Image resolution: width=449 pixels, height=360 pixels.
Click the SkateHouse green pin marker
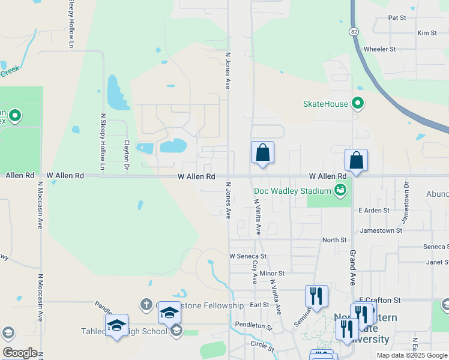pyautogui.click(x=358, y=103)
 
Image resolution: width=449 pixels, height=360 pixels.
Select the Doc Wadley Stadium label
pyautogui.click(x=292, y=191)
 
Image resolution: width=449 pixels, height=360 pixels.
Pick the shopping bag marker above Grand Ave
pyautogui.click(x=356, y=160)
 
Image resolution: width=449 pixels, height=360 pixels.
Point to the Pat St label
pyautogui.click(x=397, y=18)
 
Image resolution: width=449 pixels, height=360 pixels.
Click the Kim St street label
pyautogui.click(x=427, y=33)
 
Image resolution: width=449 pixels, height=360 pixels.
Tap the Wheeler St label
pyautogui.click(x=379, y=49)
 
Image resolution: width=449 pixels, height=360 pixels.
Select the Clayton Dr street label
pyautogui.click(x=127, y=154)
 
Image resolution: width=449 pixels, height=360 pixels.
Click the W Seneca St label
pyautogui.click(x=247, y=256)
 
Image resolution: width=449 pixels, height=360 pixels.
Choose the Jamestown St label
pyautogui.click(x=381, y=230)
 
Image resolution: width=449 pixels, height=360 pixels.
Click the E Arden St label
pyautogui.click(x=374, y=211)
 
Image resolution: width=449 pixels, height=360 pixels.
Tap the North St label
pyautogui.click(x=334, y=240)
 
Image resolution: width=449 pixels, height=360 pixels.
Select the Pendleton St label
pyautogui.click(x=253, y=328)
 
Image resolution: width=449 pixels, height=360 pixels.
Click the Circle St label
pyautogui.click(x=262, y=346)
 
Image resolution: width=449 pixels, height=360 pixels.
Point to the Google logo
pyautogui.click(x=19, y=353)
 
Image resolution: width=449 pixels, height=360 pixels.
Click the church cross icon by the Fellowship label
pyautogui.click(x=146, y=305)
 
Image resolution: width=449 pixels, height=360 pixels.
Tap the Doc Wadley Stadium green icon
pyautogui.click(x=340, y=191)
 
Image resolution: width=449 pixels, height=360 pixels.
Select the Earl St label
pyautogui.click(x=259, y=305)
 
